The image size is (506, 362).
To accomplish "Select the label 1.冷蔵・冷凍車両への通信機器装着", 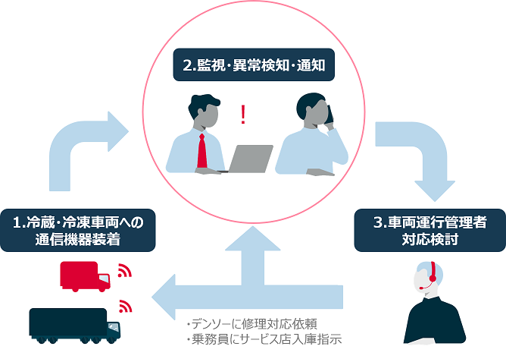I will pyautogui.click(x=78, y=231).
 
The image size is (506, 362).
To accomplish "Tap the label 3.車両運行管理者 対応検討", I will pyautogui.click(x=430, y=231).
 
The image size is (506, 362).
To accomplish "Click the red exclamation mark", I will pyautogui.click(x=242, y=115).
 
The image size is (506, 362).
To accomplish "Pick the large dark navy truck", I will pyautogui.click(x=74, y=326).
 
